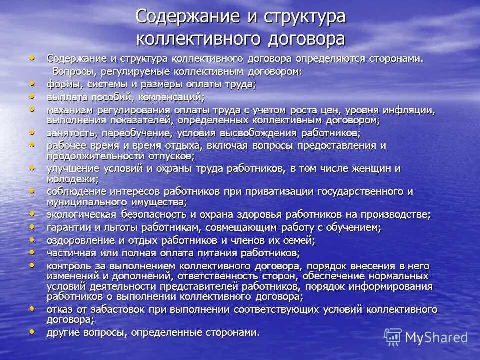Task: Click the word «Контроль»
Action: [x=69, y=266]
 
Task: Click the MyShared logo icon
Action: [x=393, y=337]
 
